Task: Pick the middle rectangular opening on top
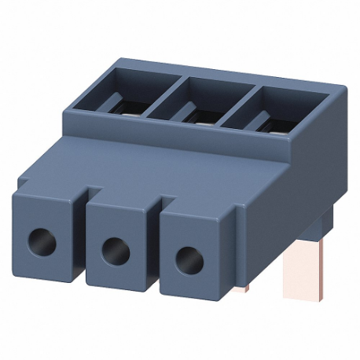(198, 109)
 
